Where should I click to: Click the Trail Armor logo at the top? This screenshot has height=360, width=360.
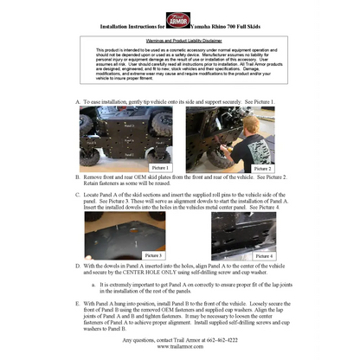coord(179,20)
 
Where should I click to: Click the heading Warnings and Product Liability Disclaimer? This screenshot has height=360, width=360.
coord(179,40)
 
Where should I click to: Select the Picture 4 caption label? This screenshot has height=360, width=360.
coord(264,255)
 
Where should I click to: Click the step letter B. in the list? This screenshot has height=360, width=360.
coord(79,176)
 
